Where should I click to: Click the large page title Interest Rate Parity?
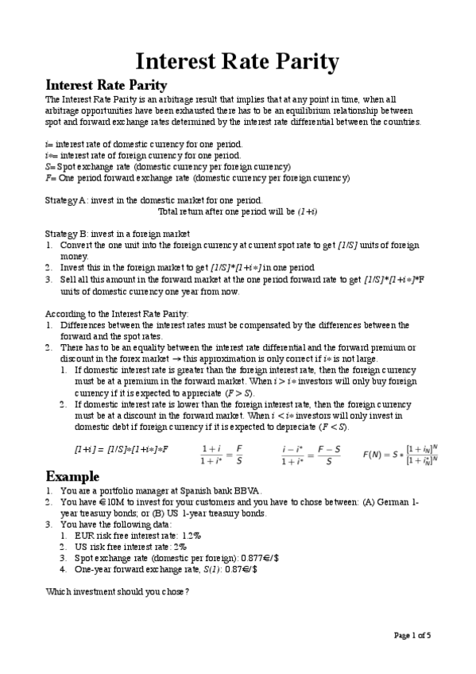(x=238, y=61)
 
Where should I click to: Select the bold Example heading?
(x=73, y=477)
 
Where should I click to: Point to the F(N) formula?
(x=401, y=454)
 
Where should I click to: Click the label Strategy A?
(x=66, y=201)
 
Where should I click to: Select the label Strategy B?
(x=66, y=234)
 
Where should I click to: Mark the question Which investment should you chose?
(x=118, y=592)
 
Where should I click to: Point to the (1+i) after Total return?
(x=307, y=212)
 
